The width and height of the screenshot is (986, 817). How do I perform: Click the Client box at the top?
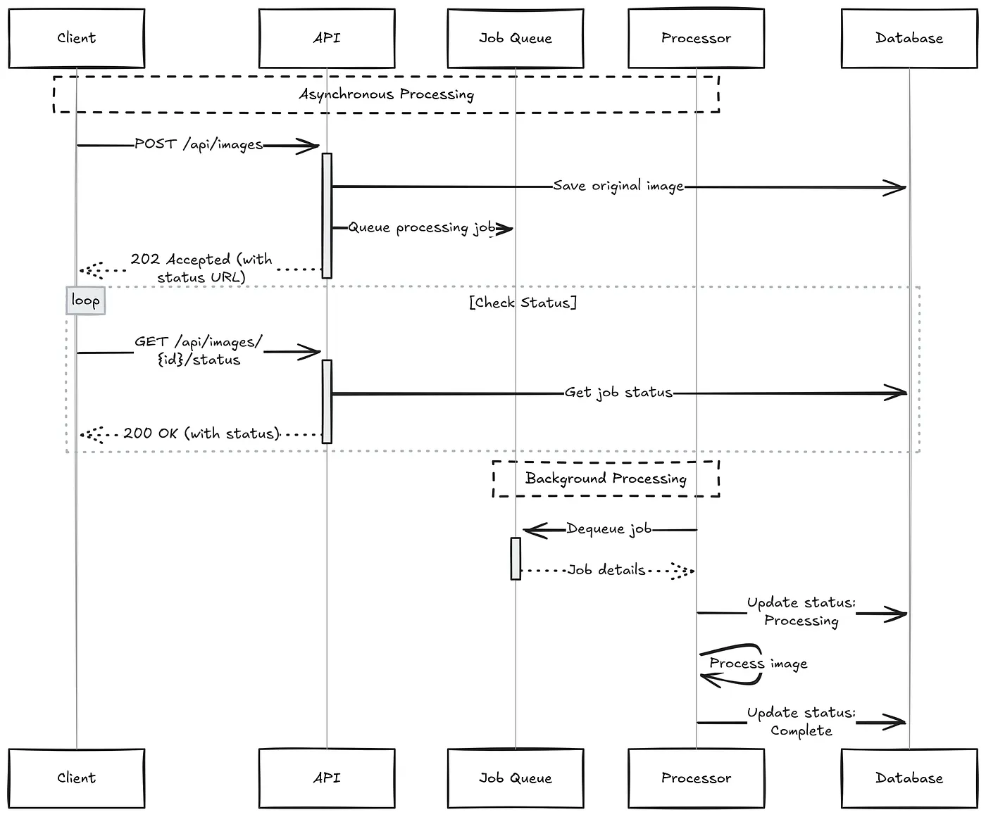click(x=77, y=38)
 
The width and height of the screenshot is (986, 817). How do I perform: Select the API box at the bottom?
click(x=327, y=778)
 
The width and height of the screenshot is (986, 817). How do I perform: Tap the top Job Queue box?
click(x=516, y=38)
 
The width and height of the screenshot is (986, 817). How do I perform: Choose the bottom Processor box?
click(x=696, y=778)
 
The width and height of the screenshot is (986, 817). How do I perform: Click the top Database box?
click(x=909, y=38)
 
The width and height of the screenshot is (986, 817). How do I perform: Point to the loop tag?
click(x=85, y=300)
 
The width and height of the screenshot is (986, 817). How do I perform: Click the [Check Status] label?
click(x=523, y=302)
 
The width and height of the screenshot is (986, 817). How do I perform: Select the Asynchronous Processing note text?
click(x=386, y=94)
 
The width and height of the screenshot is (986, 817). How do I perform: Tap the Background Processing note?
click(x=606, y=479)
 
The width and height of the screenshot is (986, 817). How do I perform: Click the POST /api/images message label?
click(x=199, y=144)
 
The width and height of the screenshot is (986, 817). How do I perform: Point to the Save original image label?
click(x=618, y=186)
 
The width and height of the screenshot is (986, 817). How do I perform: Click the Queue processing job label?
click(x=422, y=227)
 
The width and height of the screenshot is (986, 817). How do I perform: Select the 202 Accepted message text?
click(x=201, y=268)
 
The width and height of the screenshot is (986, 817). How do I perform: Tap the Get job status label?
click(x=618, y=393)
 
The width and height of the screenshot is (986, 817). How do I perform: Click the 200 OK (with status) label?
click(x=201, y=433)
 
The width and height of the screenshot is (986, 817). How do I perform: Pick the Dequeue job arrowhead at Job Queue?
click(x=524, y=531)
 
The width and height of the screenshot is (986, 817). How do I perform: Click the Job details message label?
click(x=606, y=570)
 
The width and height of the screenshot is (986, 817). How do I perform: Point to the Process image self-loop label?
click(x=759, y=664)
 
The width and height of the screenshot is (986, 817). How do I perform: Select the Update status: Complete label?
click(x=801, y=722)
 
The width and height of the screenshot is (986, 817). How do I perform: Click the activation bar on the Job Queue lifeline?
click(x=516, y=558)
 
